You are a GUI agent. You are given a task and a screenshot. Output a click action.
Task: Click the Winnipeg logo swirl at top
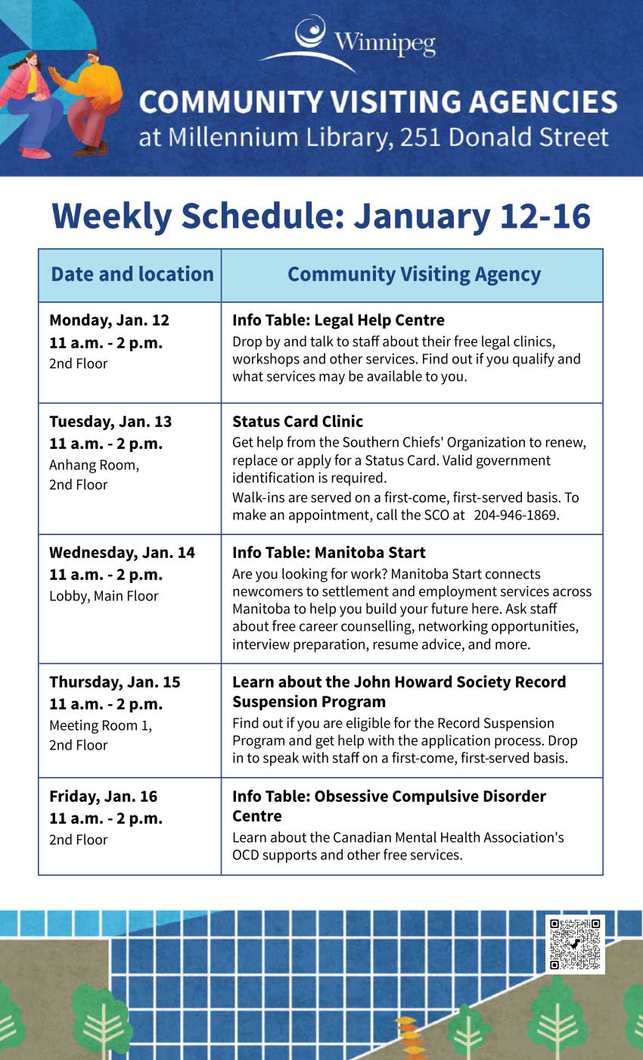(309, 35)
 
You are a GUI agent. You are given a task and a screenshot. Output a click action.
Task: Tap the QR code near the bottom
(575, 944)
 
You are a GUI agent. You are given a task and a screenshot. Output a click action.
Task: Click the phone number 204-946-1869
(517, 515)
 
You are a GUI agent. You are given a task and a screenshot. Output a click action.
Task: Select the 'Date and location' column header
(132, 274)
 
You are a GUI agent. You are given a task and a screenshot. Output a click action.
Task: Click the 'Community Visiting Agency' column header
(414, 274)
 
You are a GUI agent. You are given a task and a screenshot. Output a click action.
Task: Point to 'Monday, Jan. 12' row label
(109, 320)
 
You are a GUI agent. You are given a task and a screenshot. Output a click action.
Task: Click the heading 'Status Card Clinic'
(297, 421)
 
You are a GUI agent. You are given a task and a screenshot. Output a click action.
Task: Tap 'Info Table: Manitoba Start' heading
(328, 552)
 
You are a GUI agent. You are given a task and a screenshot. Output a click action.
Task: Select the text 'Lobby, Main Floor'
(104, 596)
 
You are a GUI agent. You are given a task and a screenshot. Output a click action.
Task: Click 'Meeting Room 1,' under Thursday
(101, 725)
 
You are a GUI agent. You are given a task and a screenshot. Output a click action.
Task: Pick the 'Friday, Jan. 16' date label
(103, 796)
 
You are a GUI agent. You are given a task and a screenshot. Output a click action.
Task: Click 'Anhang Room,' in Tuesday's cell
(94, 465)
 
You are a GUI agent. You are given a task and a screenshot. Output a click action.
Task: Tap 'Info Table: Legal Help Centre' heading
(338, 320)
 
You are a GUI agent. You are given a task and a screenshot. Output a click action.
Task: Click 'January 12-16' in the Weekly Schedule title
(471, 216)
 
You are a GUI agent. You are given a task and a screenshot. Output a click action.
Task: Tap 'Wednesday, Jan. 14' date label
(122, 552)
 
